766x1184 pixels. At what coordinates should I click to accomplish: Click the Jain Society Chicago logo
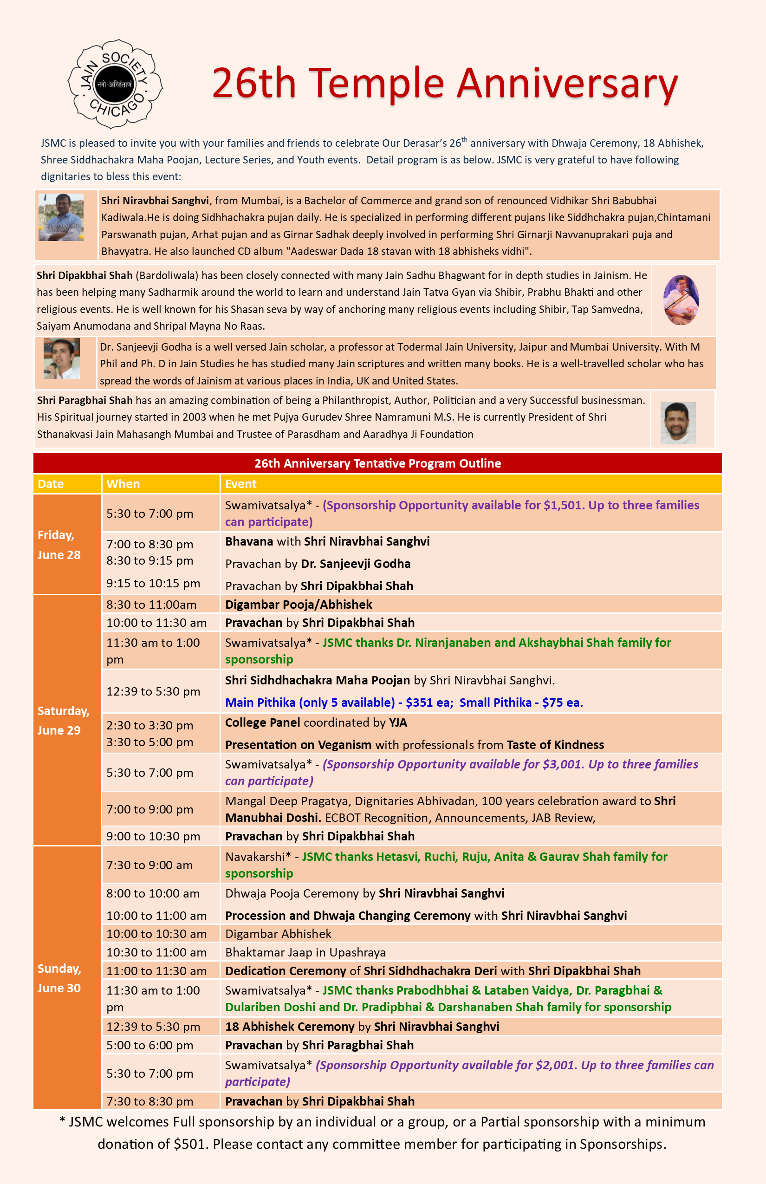[116, 84]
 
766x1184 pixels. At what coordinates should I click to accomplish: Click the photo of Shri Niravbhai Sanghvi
[61, 217]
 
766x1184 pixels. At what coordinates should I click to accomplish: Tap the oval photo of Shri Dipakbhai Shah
[681, 300]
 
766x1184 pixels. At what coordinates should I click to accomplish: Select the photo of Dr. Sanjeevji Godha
[62, 358]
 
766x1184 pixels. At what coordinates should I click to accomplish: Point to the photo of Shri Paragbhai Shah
[677, 423]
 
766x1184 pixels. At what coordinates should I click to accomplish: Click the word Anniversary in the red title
[567, 83]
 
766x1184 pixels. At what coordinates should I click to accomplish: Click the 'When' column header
[123, 484]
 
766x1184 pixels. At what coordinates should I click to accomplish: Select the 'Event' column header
[241, 484]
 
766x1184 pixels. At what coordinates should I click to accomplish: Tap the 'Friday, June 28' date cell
[58, 545]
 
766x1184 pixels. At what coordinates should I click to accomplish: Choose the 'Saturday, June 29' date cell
[63, 720]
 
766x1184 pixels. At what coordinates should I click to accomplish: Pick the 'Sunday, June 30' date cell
[58, 978]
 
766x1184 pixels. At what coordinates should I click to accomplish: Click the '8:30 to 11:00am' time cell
[151, 605]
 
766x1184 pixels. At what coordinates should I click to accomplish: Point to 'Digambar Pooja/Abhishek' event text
[299, 605]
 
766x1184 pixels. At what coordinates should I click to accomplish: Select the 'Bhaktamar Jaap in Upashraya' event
[305, 952]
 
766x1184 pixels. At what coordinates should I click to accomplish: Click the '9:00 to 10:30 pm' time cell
[153, 836]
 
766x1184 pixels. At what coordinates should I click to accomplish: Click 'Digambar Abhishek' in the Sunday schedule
[278, 934]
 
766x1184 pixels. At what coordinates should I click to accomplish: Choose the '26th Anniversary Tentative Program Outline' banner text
[377, 463]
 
